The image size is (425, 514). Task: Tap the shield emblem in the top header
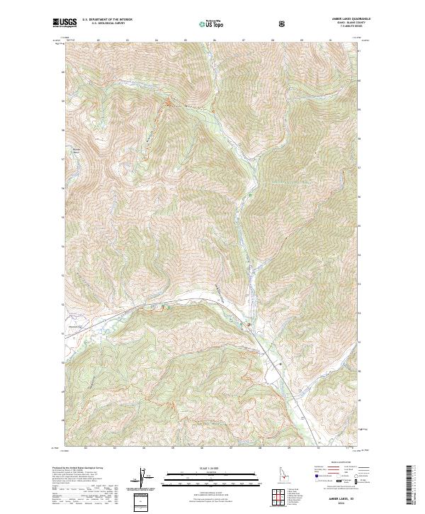(x=283, y=24)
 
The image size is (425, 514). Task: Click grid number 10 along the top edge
(x=331, y=41)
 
